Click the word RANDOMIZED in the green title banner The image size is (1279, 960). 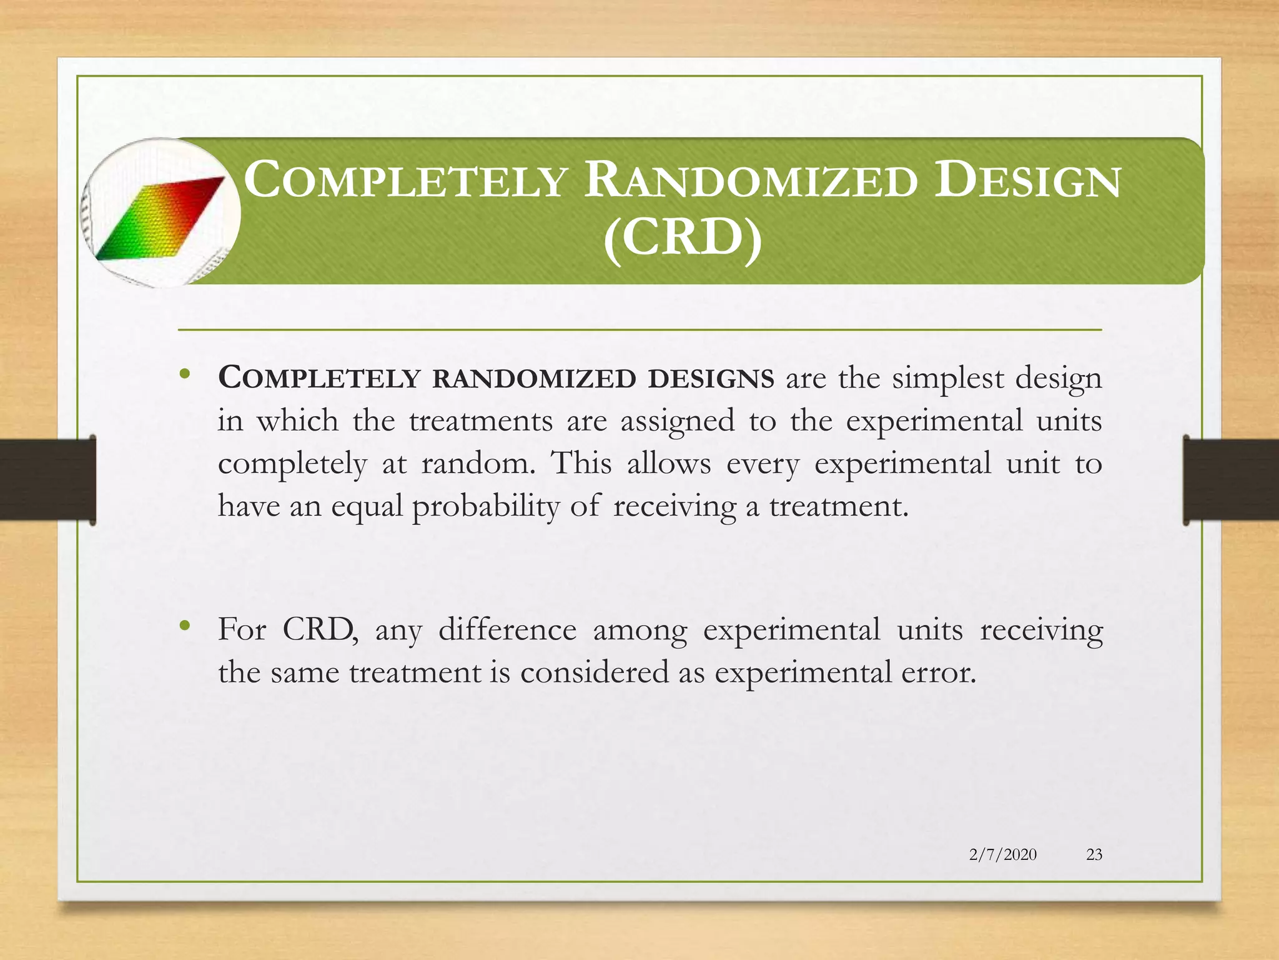[x=751, y=181]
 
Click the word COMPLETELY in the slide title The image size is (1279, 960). [x=405, y=181]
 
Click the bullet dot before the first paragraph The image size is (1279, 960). [x=184, y=374]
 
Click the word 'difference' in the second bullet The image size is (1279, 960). [x=507, y=630]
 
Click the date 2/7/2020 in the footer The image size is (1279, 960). [x=1002, y=854]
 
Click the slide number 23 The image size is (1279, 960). [x=1094, y=854]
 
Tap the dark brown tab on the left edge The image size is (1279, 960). [x=47, y=479]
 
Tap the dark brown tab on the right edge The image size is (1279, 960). [x=1230, y=479]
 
